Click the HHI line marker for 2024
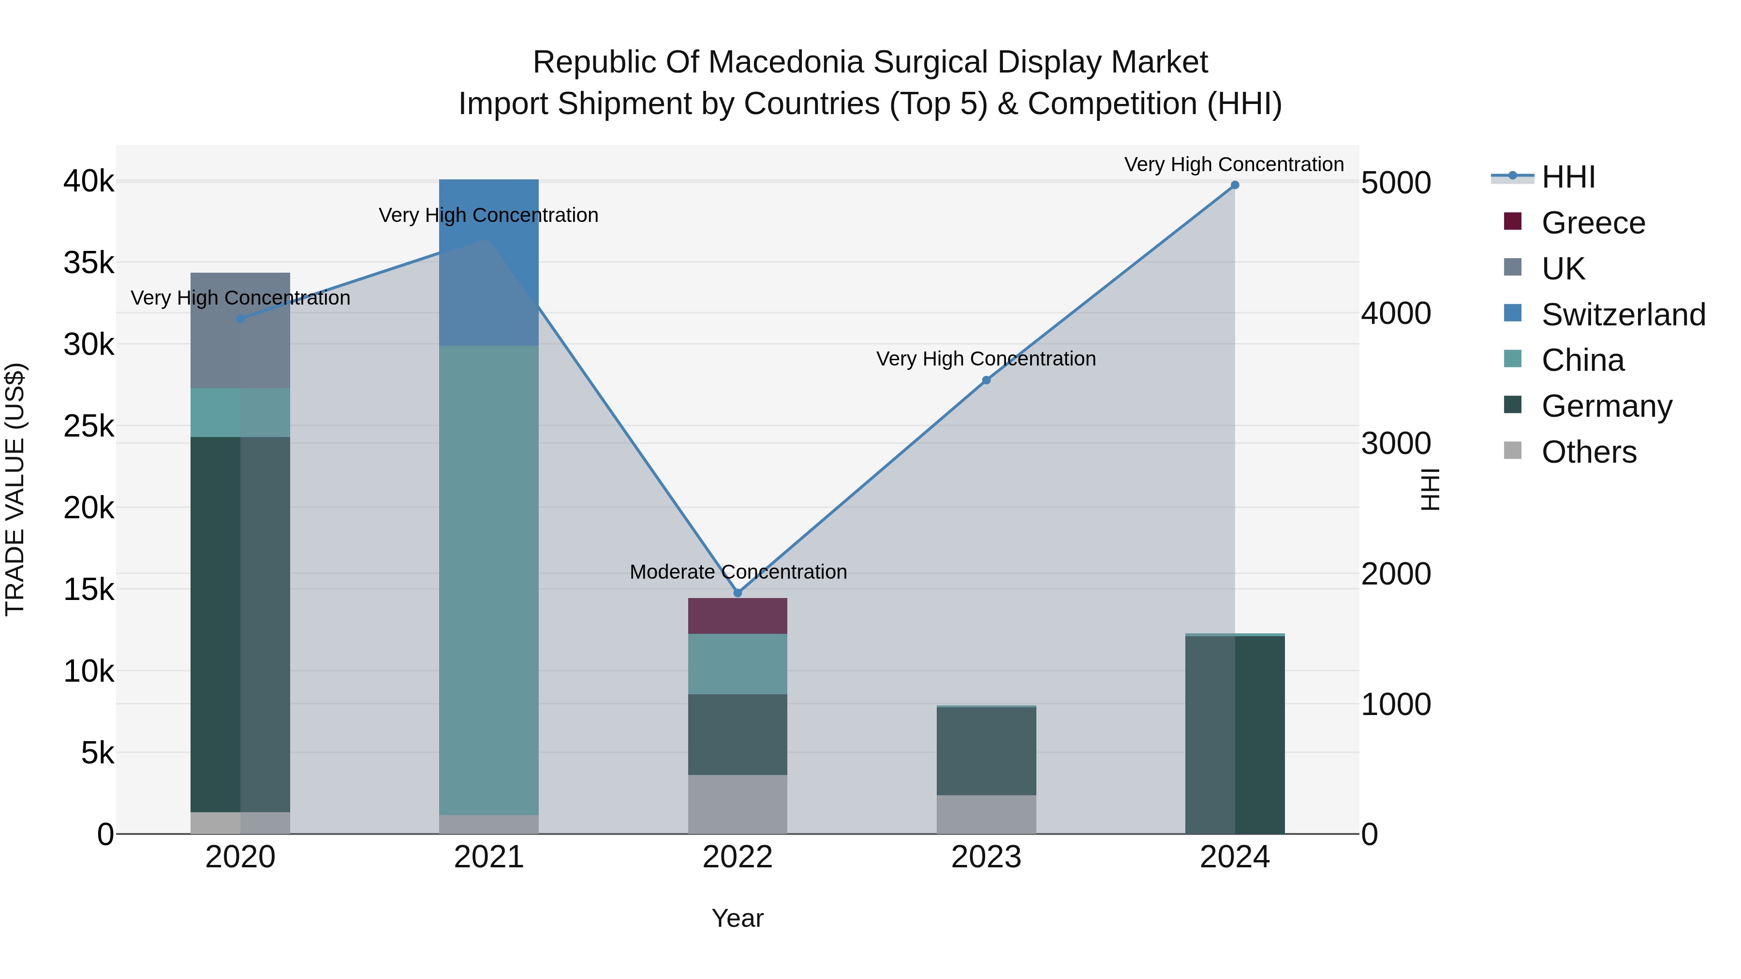click(1235, 185)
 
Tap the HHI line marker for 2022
click(738, 593)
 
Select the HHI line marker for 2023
click(986, 380)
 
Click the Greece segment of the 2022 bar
click(738, 615)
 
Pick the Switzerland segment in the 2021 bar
click(488, 262)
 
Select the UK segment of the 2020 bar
click(240, 330)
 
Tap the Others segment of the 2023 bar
click(986, 814)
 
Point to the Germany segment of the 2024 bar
click(1235, 734)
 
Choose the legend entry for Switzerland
click(1623, 315)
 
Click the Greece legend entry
click(1593, 223)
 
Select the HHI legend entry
click(1568, 177)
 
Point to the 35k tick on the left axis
click(89, 263)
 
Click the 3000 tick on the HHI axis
click(1396, 444)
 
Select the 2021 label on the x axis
click(488, 857)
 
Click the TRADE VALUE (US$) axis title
click(15, 489)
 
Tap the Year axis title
click(738, 918)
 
